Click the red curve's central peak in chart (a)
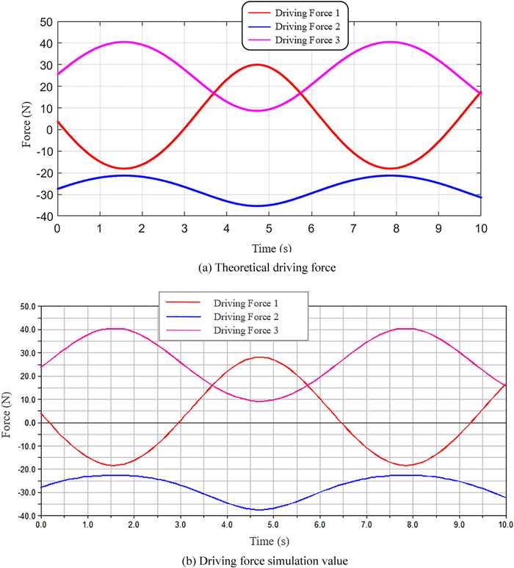tap(256, 65)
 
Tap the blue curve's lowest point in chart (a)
tap(256, 205)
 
